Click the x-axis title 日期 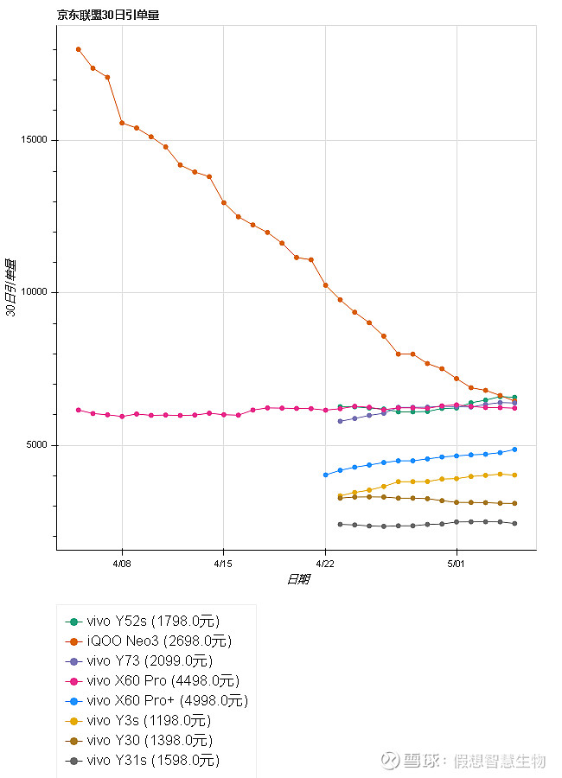click(x=297, y=579)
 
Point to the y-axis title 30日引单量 click(x=11, y=287)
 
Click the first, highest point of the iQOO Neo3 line click(x=78, y=49)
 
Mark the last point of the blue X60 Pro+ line click(x=514, y=450)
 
